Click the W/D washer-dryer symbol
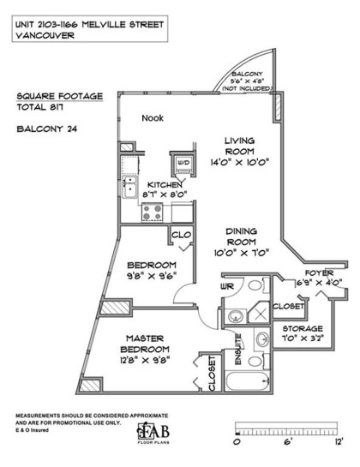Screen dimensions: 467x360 pos(183,163)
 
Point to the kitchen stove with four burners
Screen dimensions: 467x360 pos(153,212)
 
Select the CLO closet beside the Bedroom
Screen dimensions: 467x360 pos(181,234)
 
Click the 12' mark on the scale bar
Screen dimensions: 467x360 pos(339,442)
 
